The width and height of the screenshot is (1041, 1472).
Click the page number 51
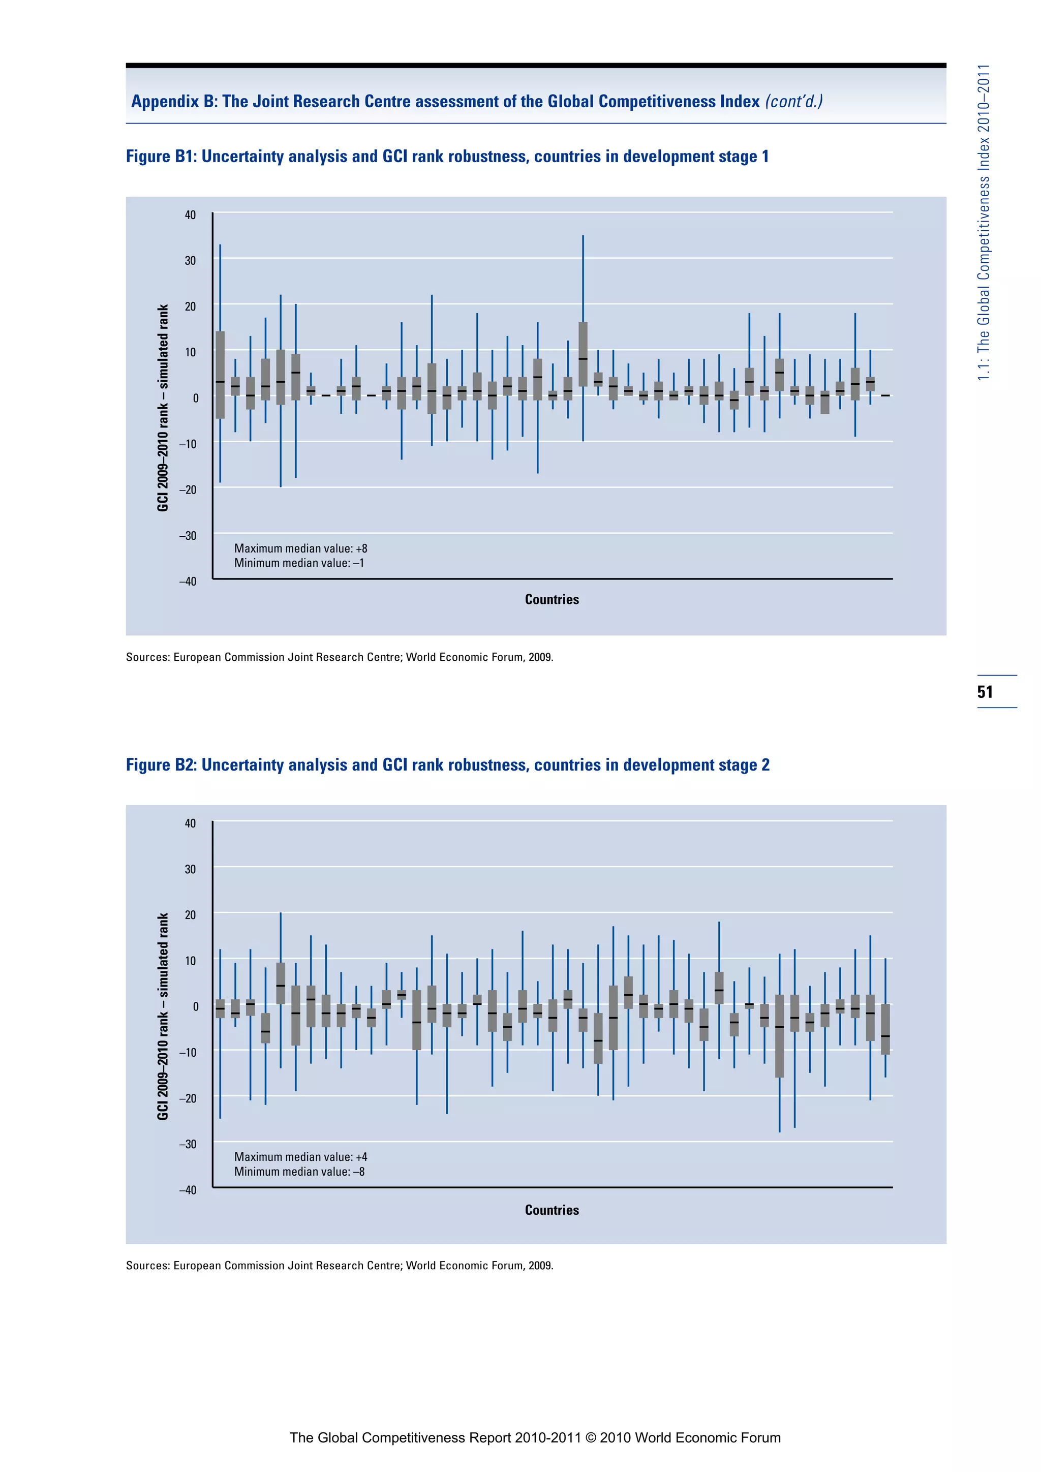pyautogui.click(x=985, y=692)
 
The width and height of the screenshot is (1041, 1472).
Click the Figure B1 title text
pyautogui.click(x=447, y=157)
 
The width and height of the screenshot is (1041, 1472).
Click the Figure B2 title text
pyautogui.click(x=447, y=765)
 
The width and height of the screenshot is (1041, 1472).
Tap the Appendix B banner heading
pyautogui.click(x=477, y=101)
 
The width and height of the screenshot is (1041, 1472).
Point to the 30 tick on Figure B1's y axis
pyautogui.click(x=191, y=260)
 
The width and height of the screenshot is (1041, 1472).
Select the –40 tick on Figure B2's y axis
pyautogui.click(x=188, y=1190)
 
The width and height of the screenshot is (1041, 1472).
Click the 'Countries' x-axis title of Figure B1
pyautogui.click(x=552, y=599)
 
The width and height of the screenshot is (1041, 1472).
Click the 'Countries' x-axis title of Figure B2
pyautogui.click(x=552, y=1210)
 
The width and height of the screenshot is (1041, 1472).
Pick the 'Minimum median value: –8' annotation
pyautogui.click(x=299, y=1171)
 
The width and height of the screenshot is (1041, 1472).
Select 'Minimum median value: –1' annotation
pyautogui.click(x=299, y=563)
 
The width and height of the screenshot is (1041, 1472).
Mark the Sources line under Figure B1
pyautogui.click(x=339, y=657)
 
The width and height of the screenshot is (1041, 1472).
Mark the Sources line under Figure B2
pyautogui.click(x=339, y=1266)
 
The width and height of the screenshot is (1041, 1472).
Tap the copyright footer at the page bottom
pyautogui.click(x=535, y=1437)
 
